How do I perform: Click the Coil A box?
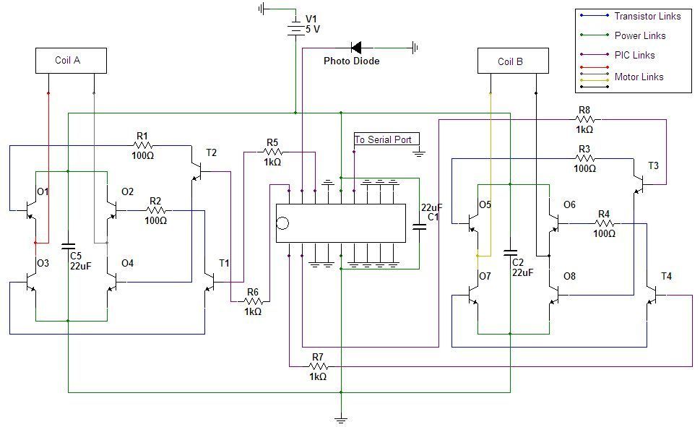point(71,61)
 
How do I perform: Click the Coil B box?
point(510,61)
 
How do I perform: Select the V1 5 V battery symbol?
point(295,28)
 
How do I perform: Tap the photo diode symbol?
point(356,48)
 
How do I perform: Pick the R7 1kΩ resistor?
point(318,366)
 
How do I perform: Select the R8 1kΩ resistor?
point(584,119)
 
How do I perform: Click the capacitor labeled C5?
point(68,246)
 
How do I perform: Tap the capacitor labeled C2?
point(511,254)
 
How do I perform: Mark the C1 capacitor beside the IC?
point(418,226)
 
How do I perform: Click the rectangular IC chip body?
point(340,223)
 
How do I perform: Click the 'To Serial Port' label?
point(383,139)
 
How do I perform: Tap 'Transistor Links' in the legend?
point(647,16)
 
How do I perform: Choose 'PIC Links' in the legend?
point(634,55)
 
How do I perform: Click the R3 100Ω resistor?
point(584,159)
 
